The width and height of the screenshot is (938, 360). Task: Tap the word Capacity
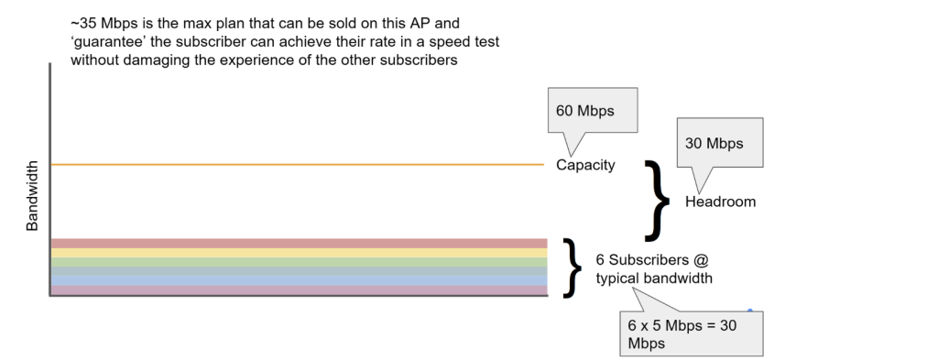(x=585, y=166)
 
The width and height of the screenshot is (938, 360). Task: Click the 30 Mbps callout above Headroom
(x=719, y=143)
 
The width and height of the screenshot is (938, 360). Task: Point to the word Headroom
(x=720, y=202)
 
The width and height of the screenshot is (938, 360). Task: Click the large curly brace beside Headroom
(x=658, y=199)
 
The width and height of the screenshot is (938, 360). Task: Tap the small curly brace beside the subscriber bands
(x=573, y=267)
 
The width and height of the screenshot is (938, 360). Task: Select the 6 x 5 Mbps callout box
(x=690, y=333)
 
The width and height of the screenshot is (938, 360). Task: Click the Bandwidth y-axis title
(x=32, y=197)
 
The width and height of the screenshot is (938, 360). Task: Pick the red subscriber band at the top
(x=298, y=243)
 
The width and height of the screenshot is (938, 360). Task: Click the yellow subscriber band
(x=298, y=253)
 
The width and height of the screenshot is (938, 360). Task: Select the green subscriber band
(x=298, y=262)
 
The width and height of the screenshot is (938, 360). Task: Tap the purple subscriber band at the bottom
(x=298, y=290)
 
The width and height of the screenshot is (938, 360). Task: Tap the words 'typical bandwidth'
(x=654, y=278)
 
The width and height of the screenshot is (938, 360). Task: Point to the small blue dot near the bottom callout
(x=749, y=311)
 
